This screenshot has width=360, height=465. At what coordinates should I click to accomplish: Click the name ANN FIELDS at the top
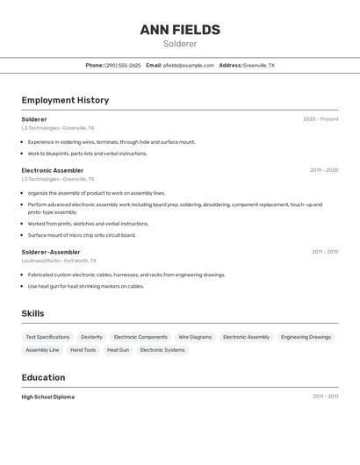click(x=180, y=30)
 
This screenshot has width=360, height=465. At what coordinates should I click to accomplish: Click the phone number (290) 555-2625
click(x=122, y=65)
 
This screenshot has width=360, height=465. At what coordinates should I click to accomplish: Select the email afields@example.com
click(x=188, y=65)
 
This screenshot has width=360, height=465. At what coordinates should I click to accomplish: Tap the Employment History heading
click(x=65, y=100)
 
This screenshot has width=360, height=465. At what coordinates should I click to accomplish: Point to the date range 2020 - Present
click(x=320, y=119)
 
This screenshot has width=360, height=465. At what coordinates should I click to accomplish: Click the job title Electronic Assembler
click(x=53, y=170)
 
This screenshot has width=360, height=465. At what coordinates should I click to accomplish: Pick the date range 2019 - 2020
click(x=323, y=170)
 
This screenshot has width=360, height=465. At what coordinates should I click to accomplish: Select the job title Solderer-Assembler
click(x=51, y=252)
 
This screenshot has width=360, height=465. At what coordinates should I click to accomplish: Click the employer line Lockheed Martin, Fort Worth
click(x=59, y=261)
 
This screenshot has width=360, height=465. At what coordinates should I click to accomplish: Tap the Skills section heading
click(x=32, y=313)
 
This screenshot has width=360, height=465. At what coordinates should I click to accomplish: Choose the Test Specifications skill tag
click(x=47, y=337)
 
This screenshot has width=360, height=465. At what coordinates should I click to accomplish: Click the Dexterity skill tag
click(x=91, y=337)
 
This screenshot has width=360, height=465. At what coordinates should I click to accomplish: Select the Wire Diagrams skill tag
click(x=195, y=337)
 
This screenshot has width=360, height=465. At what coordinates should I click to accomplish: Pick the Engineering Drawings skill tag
click(x=306, y=337)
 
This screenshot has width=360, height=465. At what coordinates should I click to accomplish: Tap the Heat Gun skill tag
click(x=118, y=350)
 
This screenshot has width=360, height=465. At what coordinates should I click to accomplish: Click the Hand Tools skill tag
click(x=83, y=350)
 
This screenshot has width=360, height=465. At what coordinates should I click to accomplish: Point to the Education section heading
click(x=43, y=377)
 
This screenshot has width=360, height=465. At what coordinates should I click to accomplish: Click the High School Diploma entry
click(x=48, y=397)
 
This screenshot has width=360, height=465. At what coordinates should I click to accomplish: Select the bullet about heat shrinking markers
click(x=85, y=286)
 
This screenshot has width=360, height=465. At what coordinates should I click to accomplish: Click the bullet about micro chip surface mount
click(x=82, y=235)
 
